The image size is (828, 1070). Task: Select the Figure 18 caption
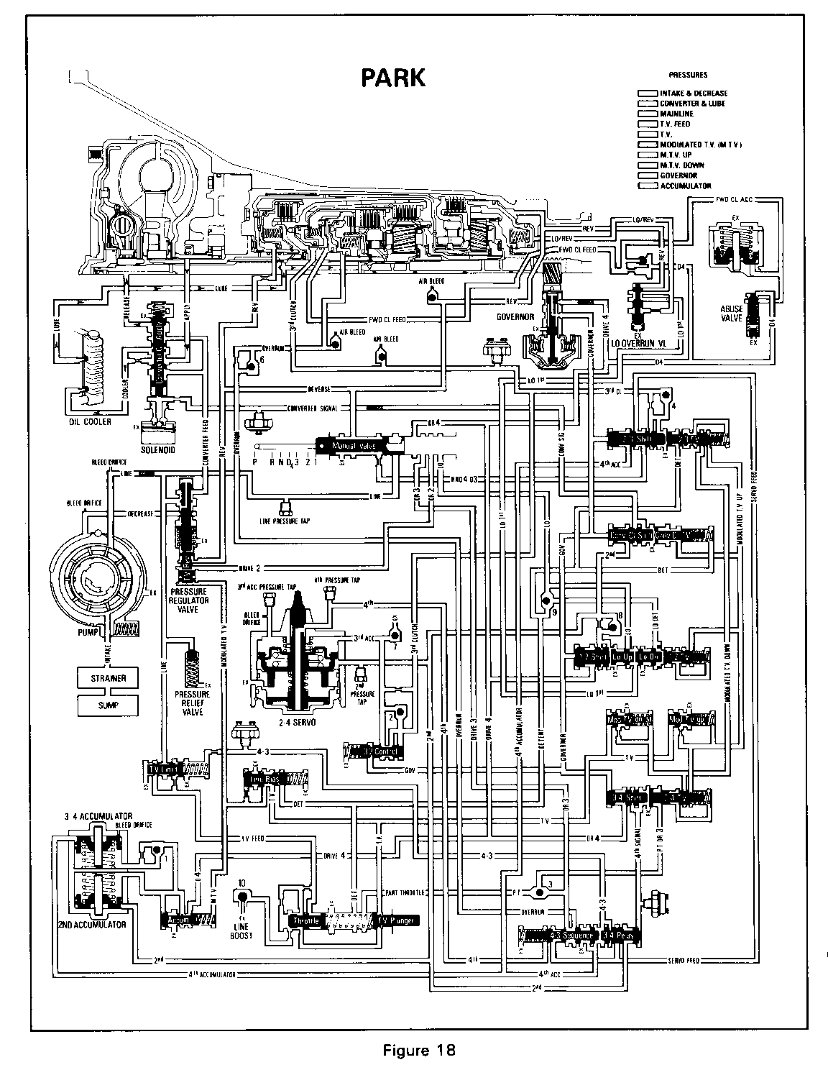pos(419,1050)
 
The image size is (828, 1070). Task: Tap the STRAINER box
pos(109,678)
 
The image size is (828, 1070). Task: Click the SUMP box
pos(109,705)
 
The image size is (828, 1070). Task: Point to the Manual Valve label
pos(353,447)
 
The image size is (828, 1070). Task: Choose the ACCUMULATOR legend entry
pos(686,186)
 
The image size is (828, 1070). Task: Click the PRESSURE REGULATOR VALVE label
pos(188,590)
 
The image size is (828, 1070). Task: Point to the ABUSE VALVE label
pos(731,314)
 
